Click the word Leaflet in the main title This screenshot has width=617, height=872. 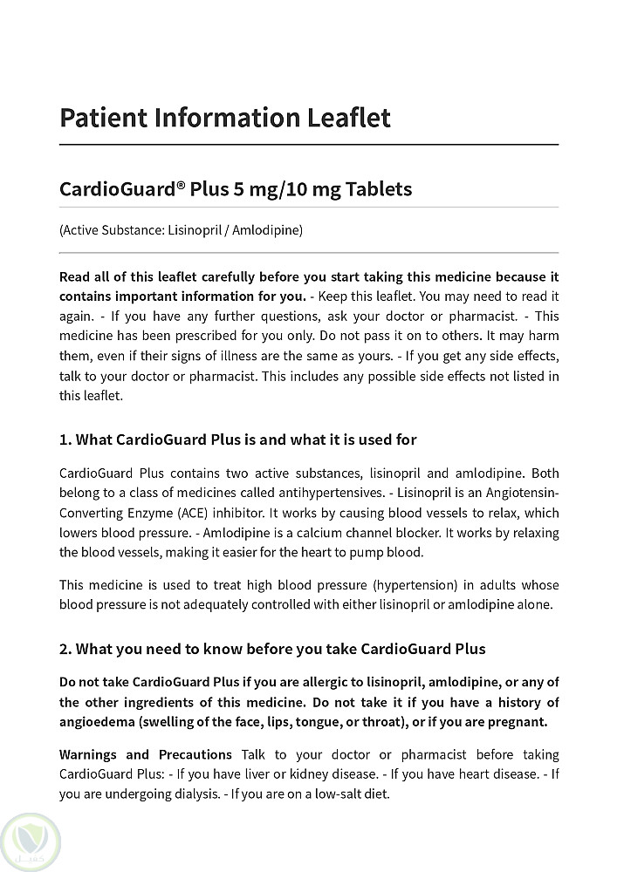346,118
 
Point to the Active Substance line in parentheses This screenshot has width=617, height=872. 181,230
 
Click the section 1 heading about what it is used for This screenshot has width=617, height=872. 238,439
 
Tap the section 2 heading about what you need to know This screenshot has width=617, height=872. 272,649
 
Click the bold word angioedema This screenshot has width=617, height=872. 97,722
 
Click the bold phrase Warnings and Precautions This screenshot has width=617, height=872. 146,754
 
